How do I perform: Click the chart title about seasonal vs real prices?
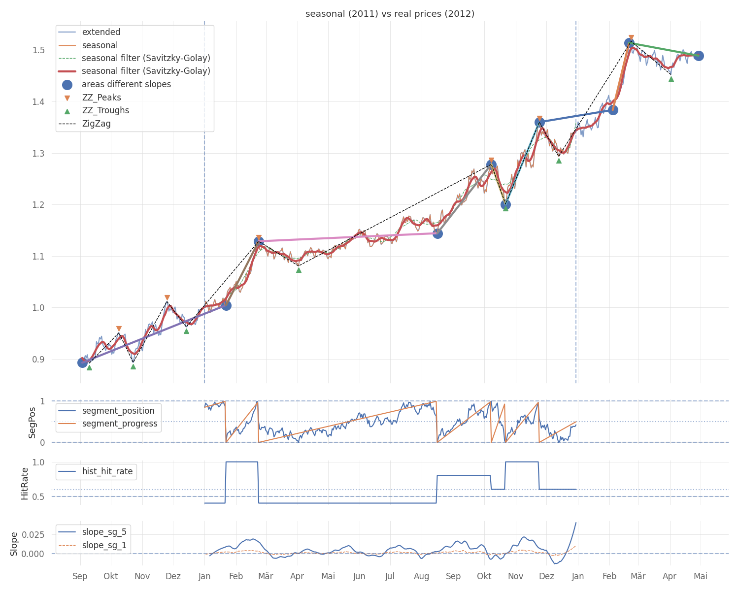390,14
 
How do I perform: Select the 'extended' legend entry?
101,32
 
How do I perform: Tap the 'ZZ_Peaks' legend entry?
101,98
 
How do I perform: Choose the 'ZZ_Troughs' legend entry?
105,110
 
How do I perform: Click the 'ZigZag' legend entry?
96,124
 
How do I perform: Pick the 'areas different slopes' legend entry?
126,84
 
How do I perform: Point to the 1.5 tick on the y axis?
39,50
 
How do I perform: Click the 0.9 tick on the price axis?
39,360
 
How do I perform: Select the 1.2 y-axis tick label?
39,205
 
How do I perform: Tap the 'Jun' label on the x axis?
359,576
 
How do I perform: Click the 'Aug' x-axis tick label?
422,576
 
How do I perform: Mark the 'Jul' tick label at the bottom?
390,576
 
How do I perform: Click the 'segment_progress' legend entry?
120,424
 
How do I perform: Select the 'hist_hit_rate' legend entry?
107,471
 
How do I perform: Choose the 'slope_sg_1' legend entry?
104,545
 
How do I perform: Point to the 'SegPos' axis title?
33,422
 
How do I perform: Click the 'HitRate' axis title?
25,483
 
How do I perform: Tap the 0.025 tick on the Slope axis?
34,535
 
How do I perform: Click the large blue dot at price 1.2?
505,204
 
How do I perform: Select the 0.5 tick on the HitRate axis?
39,496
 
